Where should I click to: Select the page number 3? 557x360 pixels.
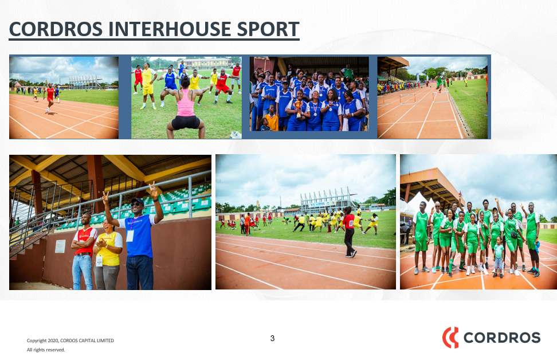pos(272,338)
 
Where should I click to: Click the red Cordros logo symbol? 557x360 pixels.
pos(450,337)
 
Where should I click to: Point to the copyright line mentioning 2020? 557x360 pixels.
pos(70,341)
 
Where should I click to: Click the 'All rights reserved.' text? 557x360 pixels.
pos(46,350)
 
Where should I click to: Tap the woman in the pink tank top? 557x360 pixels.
pos(185,108)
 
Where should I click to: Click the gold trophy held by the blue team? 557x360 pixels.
pos(298,108)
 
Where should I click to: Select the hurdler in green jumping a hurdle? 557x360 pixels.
pos(440,83)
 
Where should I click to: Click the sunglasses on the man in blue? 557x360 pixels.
pos(135,204)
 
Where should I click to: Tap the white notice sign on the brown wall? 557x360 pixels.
pos(60,246)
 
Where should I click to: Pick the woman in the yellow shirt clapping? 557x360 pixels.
pos(107,254)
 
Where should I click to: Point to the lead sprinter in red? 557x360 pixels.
pos(50,98)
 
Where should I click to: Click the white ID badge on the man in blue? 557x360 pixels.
pos(130,236)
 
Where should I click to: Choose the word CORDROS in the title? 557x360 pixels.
pos(56,29)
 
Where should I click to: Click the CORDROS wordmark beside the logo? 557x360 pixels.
pos(502,338)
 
